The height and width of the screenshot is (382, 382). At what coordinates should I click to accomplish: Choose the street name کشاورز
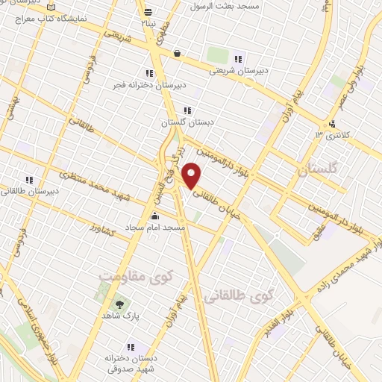pos(101,231)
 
